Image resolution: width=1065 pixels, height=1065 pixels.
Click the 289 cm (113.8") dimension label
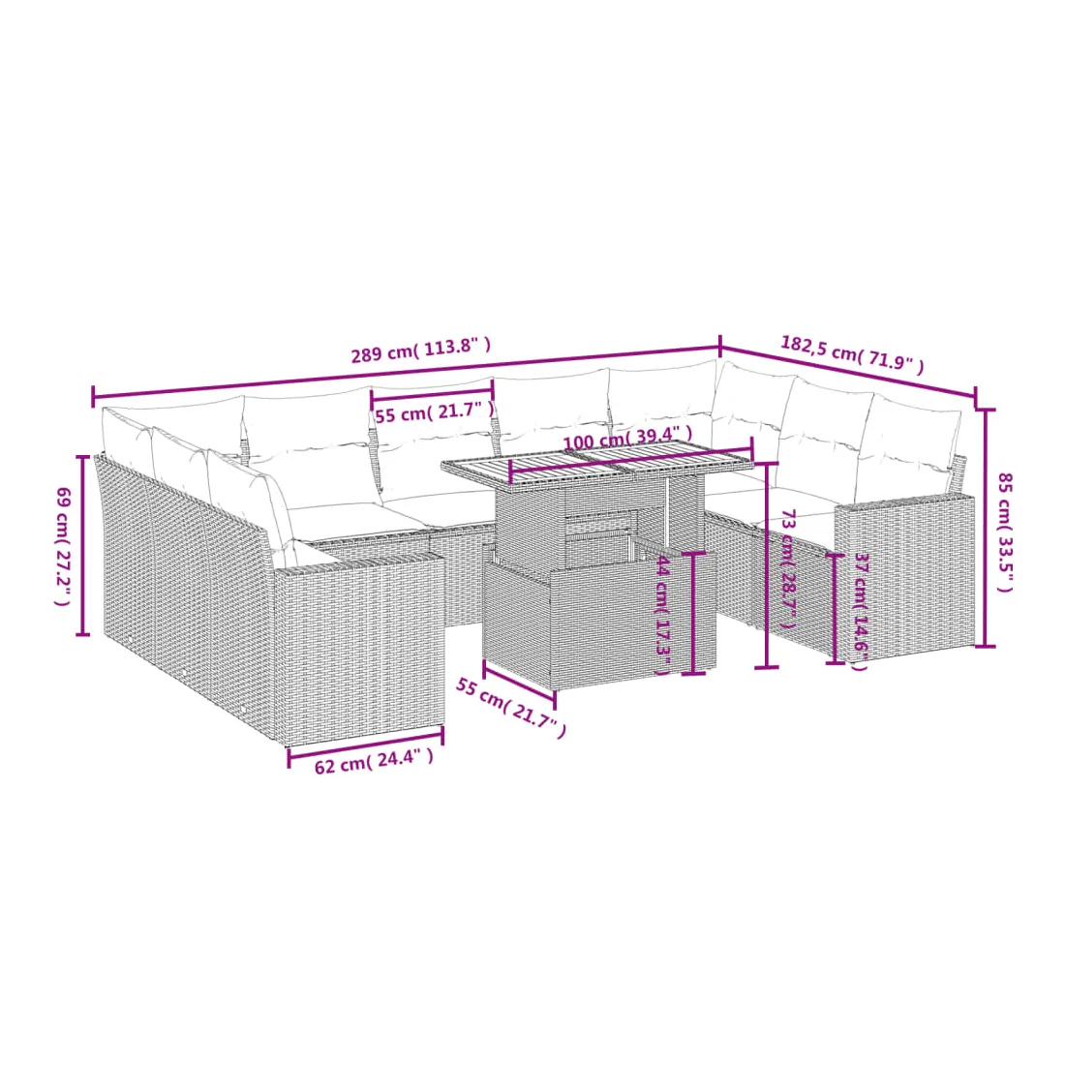[x=420, y=350]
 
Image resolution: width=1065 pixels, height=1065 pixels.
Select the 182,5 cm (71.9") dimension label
[x=852, y=353]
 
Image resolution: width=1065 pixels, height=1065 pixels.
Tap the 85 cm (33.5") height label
[x=1005, y=532]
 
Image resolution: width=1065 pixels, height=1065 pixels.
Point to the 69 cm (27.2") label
[x=63, y=546]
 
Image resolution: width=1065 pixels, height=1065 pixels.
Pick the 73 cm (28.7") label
[x=788, y=569]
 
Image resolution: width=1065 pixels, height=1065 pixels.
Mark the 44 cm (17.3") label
[x=663, y=615]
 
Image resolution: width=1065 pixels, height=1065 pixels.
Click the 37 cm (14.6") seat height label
[x=861, y=611]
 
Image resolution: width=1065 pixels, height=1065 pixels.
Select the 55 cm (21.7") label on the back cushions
[x=435, y=411]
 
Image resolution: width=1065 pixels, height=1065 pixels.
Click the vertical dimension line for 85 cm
[x=985, y=528]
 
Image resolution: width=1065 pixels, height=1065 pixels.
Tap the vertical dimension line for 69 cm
[x=83, y=545]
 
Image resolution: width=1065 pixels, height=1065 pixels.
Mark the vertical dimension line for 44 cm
[x=693, y=613]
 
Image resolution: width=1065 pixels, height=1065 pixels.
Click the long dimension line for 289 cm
[x=407, y=373]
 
